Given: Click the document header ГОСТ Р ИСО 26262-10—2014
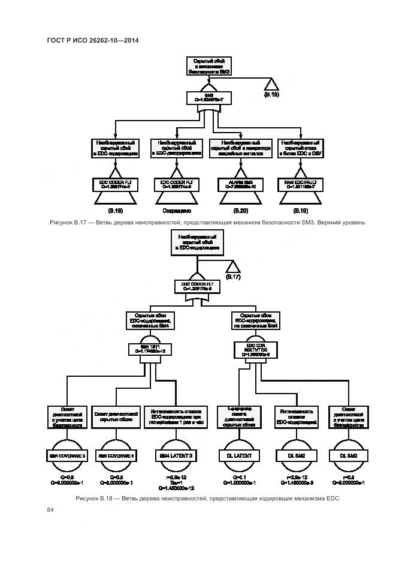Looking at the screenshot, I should click(x=93, y=40).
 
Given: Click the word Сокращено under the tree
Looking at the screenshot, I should click(x=176, y=211).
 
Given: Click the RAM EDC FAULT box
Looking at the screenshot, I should click(x=300, y=185).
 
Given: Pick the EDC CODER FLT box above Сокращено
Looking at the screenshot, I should click(x=176, y=185).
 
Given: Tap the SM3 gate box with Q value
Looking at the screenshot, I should click(x=208, y=97).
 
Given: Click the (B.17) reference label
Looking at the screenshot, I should click(x=233, y=277).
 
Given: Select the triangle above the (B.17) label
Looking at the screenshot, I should click(x=233, y=266).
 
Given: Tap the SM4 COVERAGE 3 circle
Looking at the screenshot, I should click(x=66, y=456).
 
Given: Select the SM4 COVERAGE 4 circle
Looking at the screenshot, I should click(x=116, y=456).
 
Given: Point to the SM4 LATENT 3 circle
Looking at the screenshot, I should click(x=176, y=456).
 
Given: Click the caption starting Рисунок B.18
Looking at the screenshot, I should click(x=208, y=499).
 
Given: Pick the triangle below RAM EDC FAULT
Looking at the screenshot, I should click(x=300, y=198).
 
